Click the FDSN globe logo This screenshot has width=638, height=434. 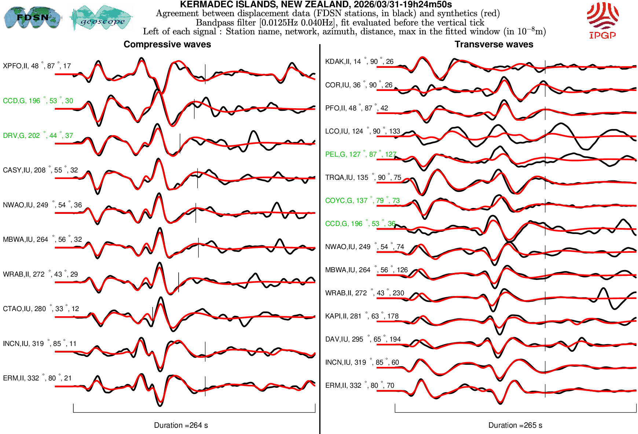pos(32,17)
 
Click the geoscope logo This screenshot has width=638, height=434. pos(102,18)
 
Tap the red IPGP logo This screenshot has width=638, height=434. pos(602,21)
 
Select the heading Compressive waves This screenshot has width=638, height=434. pos(167,44)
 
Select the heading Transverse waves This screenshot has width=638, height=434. pos(494,44)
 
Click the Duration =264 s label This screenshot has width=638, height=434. pos(181,425)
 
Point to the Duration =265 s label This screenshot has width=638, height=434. pos(515,425)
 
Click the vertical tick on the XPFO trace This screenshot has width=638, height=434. pos(205,74)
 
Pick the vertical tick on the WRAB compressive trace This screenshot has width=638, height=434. pos(179,282)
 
